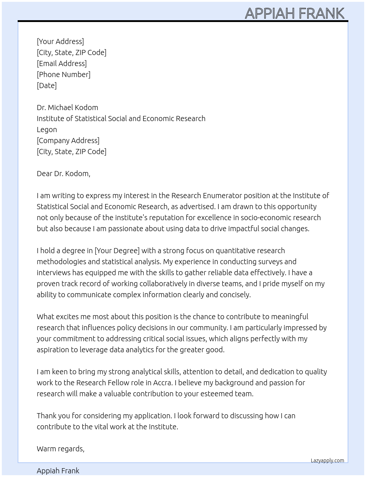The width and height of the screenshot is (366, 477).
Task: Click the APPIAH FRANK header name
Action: tap(294, 13)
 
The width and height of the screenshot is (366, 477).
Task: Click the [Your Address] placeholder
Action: tap(60, 41)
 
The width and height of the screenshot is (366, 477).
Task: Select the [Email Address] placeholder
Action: tap(62, 63)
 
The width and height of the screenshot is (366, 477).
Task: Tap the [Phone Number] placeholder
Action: tap(64, 74)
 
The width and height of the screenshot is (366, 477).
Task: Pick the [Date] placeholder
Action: tap(47, 85)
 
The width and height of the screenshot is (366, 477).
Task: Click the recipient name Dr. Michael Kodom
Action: tap(67, 108)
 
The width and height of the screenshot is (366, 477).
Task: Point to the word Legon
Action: tap(47, 130)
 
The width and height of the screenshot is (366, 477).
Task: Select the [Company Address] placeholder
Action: tap(68, 141)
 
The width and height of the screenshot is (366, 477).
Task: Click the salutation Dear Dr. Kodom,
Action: tap(63, 174)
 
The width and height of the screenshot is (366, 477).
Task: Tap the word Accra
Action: tap(162, 383)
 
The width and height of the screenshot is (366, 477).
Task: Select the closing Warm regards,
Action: tap(61, 449)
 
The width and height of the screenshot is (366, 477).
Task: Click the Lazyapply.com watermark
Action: tap(327, 460)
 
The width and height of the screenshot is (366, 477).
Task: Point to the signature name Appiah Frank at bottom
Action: tap(58, 471)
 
